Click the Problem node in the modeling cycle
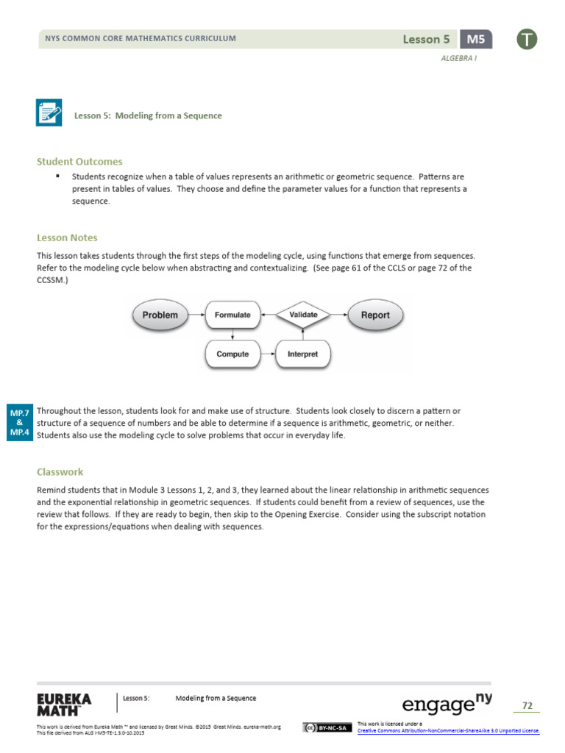(x=160, y=315)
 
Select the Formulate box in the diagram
(x=232, y=315)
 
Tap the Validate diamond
(x=303, y=315)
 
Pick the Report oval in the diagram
(x=375, y=315)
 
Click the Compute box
(x=232, y=354)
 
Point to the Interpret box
(x=303, y=354)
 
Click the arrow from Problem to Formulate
(x=196, y=315)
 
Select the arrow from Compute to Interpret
(x=268, y=354)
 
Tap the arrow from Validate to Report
(x=339, y=315)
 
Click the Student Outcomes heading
(x=79, y=162)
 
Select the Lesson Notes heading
(x=67, y=238)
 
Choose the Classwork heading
(x=60, y=472)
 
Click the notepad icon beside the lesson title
(x=49, y=113)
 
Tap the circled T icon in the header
(x=527, y=40)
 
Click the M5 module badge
(x=475, y=40)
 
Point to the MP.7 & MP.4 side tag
(x=19, y=422)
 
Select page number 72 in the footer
(x=527, y=706)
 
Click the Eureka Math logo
(x=64, y=704)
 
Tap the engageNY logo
(x=447, y=704)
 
